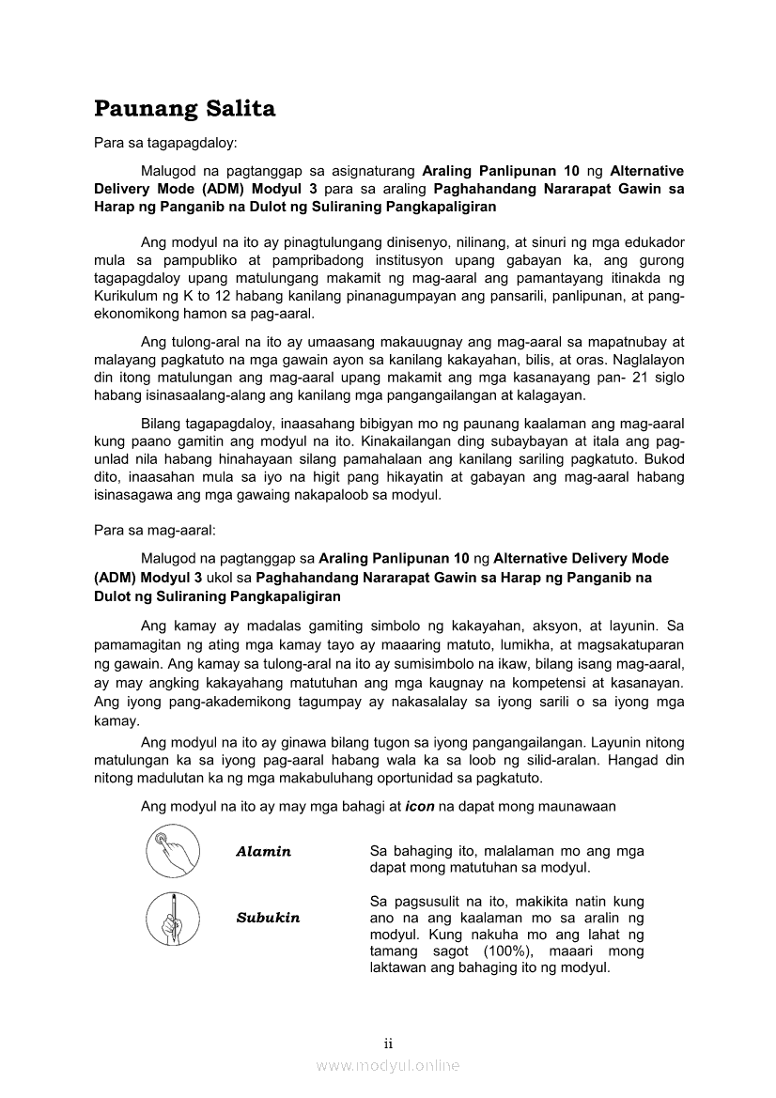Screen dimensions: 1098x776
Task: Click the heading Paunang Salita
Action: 185,109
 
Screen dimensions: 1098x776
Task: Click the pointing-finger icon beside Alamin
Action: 173,850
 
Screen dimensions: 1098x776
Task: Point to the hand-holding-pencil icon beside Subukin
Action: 173,918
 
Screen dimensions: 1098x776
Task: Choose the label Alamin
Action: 263,852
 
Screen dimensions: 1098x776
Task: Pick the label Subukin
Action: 268,918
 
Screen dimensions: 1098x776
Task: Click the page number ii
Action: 387,1044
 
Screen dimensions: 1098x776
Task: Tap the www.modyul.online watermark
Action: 387,1065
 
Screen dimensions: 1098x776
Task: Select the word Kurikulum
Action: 127,297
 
